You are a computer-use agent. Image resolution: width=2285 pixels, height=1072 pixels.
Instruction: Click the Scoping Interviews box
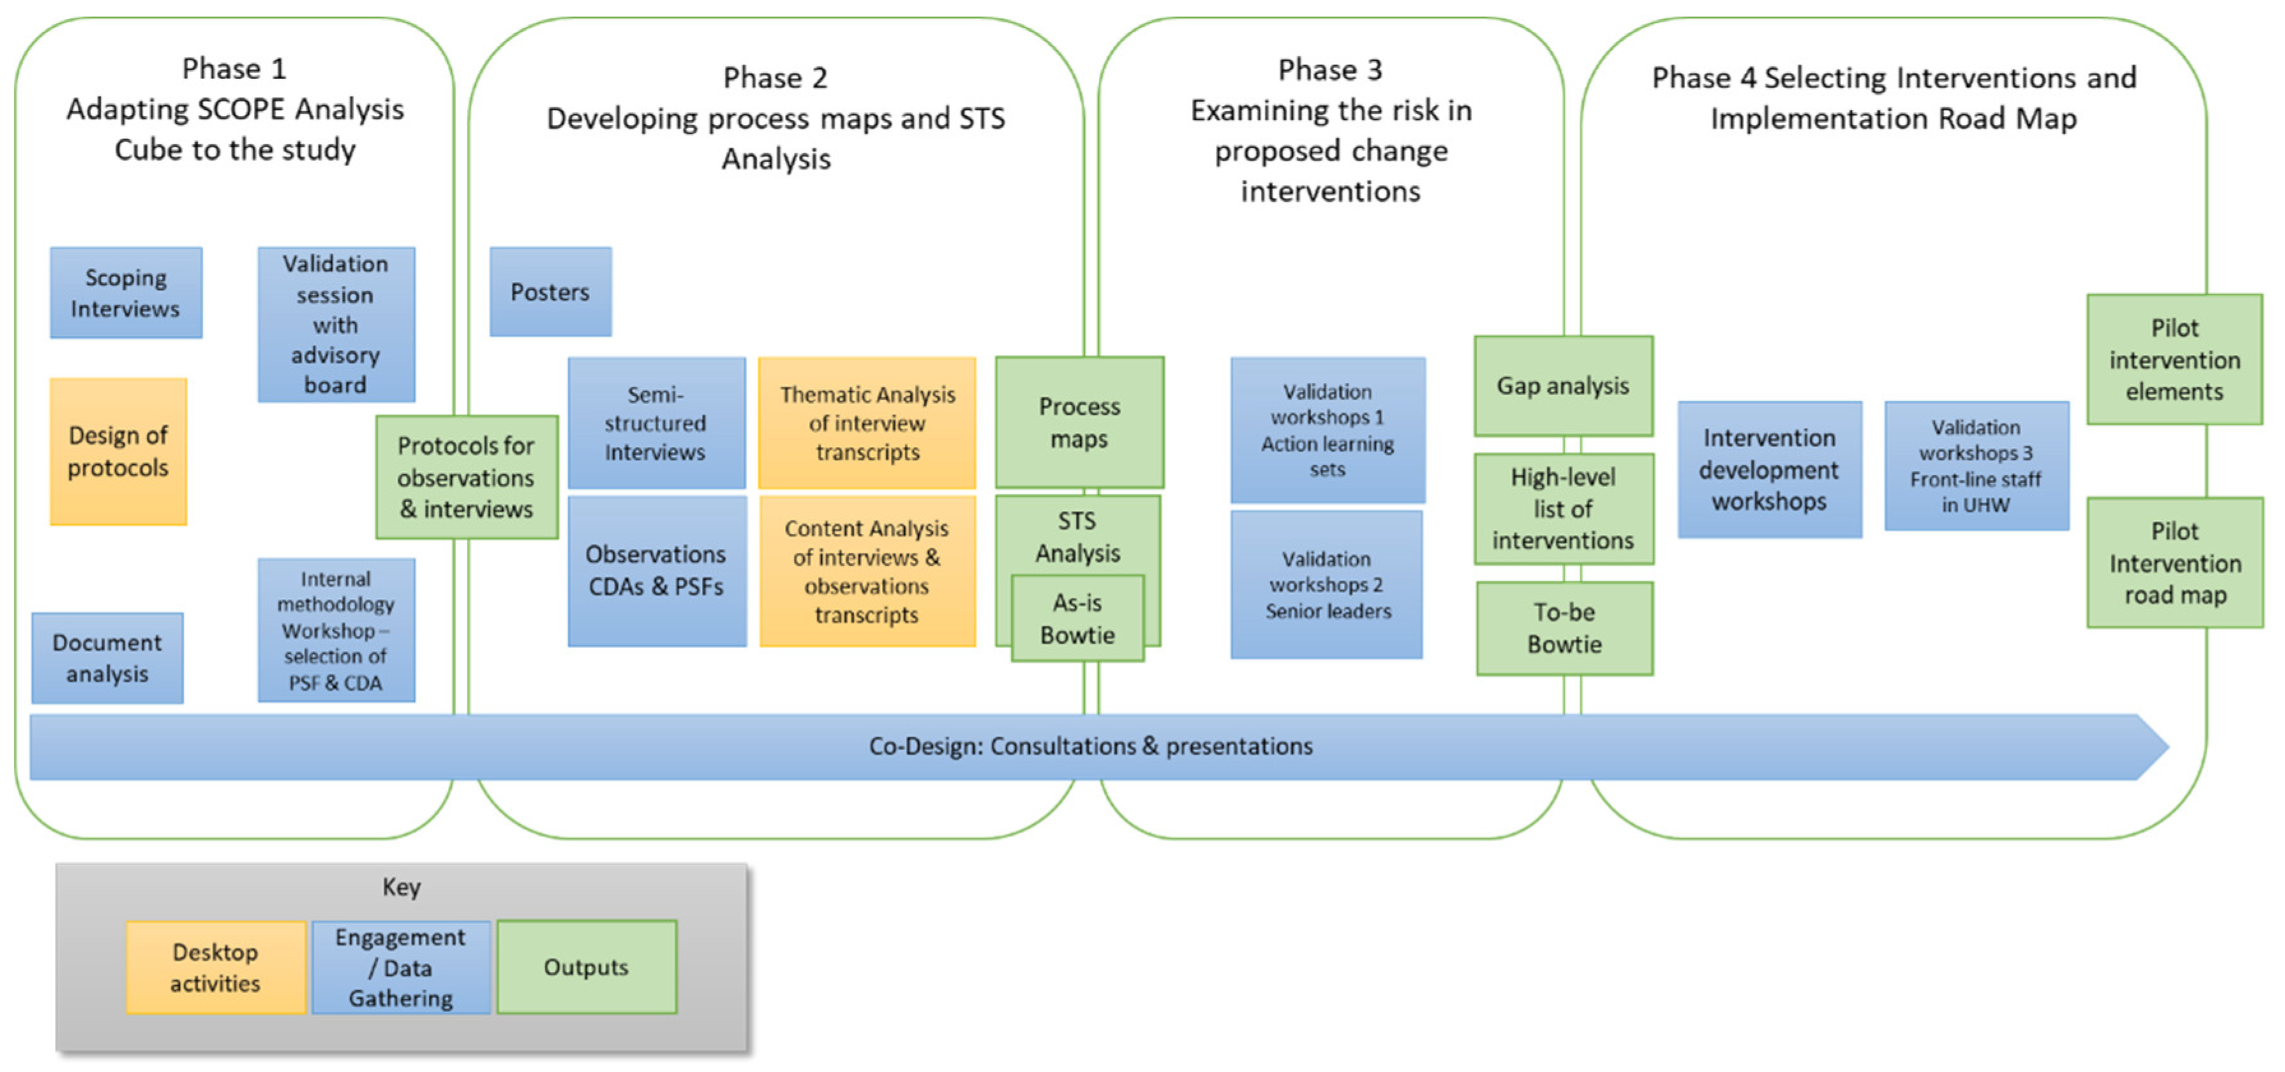pos(125,293)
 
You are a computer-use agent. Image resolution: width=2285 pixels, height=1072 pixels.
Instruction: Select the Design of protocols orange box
pos(118,451)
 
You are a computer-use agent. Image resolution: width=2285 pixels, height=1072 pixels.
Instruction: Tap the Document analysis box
pos(107,658)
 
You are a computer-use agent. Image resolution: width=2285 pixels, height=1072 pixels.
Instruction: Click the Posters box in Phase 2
pos(550,292)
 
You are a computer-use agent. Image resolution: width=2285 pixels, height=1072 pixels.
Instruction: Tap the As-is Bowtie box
pos(1077,619)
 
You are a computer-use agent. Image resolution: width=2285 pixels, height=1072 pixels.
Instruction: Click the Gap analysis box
pos(1563,386)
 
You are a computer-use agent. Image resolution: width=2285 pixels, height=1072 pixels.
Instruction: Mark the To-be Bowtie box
pos(1564,628)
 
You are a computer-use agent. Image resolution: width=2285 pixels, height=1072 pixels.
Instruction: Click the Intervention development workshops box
pos(1769,469)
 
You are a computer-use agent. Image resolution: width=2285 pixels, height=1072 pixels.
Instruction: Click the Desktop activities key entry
pos(216,967)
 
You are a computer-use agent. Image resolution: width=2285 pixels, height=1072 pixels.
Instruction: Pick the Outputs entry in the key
pos(586,967)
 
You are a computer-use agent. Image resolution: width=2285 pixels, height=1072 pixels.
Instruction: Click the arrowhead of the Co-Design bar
pos(2151,747)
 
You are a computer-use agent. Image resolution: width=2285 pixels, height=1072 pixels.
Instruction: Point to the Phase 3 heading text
pos(1330,69)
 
